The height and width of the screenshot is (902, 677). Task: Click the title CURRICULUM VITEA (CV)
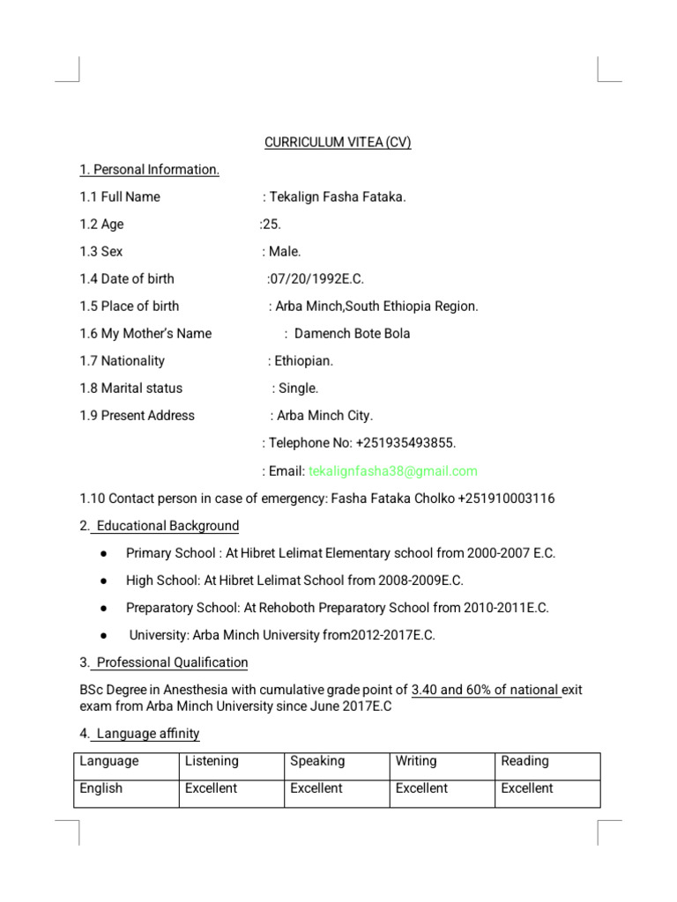(x=338, y=143)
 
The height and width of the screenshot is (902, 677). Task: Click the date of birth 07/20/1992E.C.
(x=316, y=279)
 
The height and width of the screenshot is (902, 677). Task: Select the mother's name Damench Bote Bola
(x=352, y=334)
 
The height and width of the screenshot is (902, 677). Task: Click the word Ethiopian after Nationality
(x=304, y=361)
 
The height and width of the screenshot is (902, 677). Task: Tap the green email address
(x=393, y=471)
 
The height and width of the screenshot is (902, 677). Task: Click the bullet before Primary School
(x=104, y=554)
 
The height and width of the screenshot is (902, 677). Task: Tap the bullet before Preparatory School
(x=104, y=609)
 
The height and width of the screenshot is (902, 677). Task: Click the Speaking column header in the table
(x=317, y=761)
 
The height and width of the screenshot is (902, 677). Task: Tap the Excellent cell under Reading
(x=527, y=788)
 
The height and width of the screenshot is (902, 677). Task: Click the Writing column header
(x=416, y=761)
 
